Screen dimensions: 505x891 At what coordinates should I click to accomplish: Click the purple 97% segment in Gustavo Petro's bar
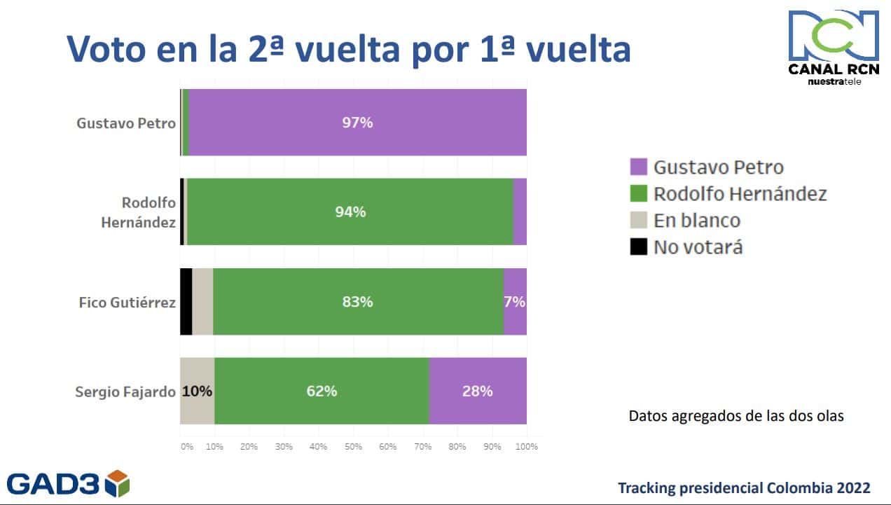click(x=357, y=123)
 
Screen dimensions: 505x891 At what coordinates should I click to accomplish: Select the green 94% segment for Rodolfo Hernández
click(x=350, y=212)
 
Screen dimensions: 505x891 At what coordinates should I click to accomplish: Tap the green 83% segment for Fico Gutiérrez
click(x=358, y=301)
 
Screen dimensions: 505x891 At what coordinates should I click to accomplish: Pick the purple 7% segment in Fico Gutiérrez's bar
click(x=515, y=301)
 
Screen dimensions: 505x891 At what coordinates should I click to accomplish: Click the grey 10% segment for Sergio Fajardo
click(x=197, y=391)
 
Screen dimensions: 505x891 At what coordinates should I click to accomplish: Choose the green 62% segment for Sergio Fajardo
click(x=322, y=391)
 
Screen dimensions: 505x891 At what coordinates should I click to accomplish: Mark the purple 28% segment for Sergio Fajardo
click(x=477, y=391)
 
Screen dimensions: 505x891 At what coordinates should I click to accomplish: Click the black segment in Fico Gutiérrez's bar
click(x=186, y=301)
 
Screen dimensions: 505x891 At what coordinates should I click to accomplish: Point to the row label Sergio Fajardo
click(x=125, y=392)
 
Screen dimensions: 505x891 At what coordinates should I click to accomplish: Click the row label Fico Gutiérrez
click(x=127, y=302)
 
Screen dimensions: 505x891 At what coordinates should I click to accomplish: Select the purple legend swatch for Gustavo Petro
click(x=638, y=167)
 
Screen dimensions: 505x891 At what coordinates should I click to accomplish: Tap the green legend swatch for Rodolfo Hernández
click(x=638, y=193)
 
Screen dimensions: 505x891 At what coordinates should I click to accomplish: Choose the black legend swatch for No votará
click(x=638, y=247)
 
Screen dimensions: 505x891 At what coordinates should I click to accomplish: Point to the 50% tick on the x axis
click(x=353, y=446)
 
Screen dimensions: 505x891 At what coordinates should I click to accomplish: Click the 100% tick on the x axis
click(x=526, y=446)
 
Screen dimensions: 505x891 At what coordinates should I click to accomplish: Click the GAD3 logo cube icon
click(x=118, y=483)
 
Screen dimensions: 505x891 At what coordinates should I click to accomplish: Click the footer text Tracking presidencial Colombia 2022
click(x=744, y=487)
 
